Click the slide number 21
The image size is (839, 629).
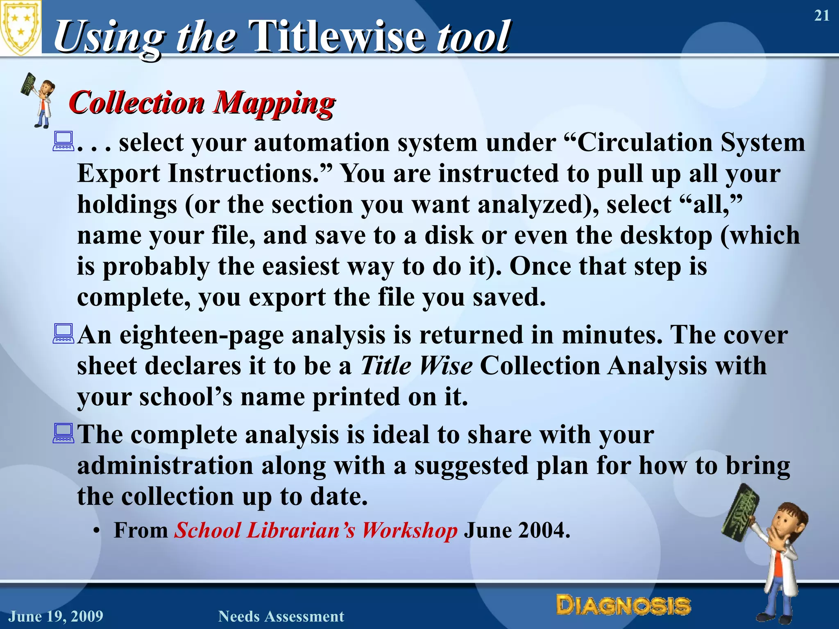821,16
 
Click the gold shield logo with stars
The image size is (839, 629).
20,28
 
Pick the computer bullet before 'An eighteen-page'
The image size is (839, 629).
63,334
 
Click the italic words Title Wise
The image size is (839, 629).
416,366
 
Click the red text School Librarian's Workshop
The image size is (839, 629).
315,531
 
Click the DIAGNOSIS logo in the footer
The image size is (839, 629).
623,606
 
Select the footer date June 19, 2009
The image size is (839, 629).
56,616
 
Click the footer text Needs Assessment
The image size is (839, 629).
281,616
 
